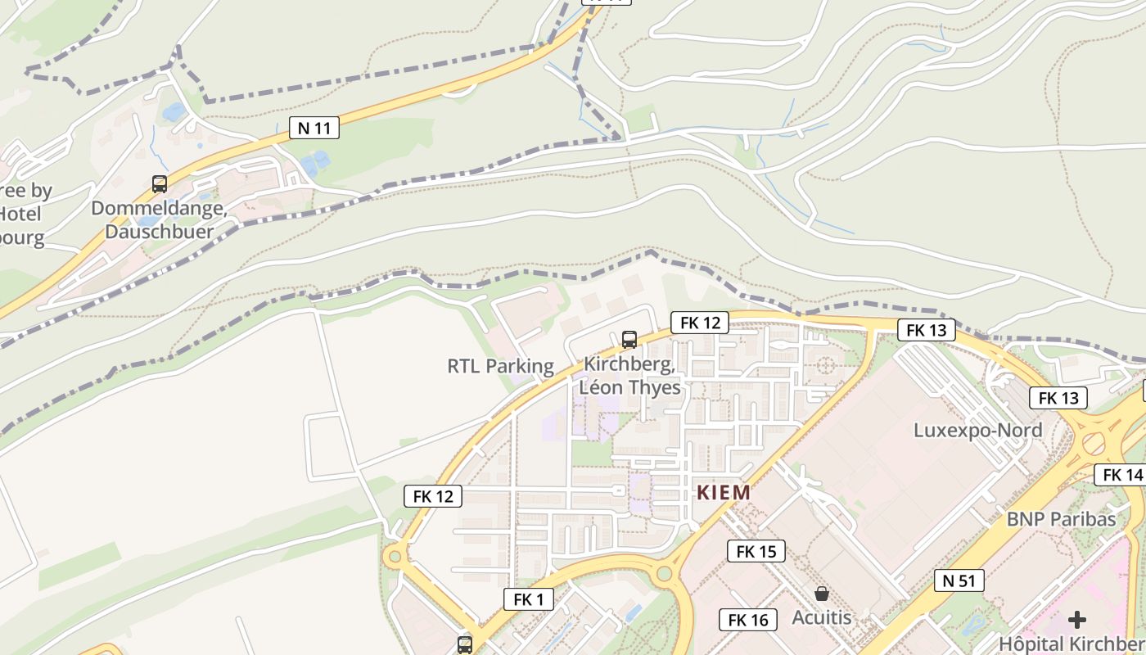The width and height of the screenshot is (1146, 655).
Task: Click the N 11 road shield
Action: coord(314,128)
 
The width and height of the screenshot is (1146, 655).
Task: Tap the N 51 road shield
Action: coord(959,580)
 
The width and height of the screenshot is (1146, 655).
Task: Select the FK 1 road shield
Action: coord(529,599)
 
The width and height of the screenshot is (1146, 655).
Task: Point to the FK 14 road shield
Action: coord(1122,475)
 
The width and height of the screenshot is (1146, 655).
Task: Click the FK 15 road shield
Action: coord(756,551)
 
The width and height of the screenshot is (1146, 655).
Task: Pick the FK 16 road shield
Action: coord(748,620)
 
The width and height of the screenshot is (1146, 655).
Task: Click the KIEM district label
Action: coord(723,493)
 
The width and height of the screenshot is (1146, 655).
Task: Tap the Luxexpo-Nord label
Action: coord(977,430)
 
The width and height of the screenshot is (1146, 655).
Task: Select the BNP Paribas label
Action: coord(1061,518)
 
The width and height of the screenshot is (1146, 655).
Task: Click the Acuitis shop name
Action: coord(821,617)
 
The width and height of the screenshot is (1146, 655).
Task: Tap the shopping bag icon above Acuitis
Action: coord(821,594)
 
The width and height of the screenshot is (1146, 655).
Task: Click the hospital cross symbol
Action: coord(1077,620)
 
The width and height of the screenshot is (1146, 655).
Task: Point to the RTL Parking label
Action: coord(500,366)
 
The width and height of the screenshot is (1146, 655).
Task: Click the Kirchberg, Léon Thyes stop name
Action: coord(629,376)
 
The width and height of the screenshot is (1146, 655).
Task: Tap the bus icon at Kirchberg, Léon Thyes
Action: coord(629,339)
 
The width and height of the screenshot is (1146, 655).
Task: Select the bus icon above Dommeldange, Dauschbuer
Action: coord(160,184)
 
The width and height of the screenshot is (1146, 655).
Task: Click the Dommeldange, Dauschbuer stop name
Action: coord(159,220)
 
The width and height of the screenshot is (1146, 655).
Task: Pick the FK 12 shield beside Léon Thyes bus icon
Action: coord(700,323)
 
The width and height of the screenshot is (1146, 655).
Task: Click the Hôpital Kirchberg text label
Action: coord(1072,644)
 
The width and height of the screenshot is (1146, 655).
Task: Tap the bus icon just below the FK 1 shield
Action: coord(465,644)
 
